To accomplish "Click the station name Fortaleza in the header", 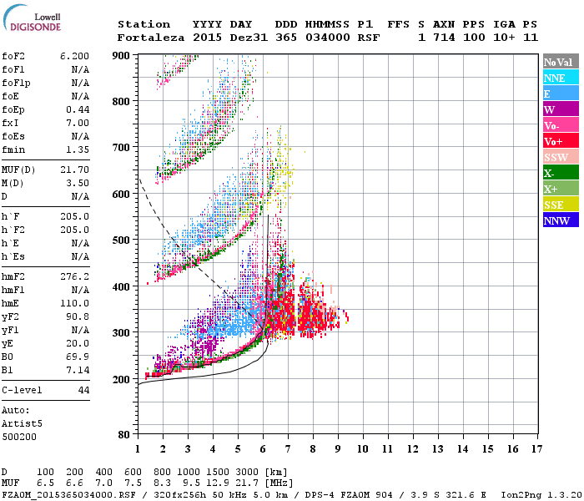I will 151,38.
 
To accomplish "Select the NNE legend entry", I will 554,78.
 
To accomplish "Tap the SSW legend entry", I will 556,157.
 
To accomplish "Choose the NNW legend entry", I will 556,221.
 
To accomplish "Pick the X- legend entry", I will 551,173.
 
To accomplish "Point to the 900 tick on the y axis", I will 122,55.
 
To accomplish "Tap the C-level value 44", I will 83,390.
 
